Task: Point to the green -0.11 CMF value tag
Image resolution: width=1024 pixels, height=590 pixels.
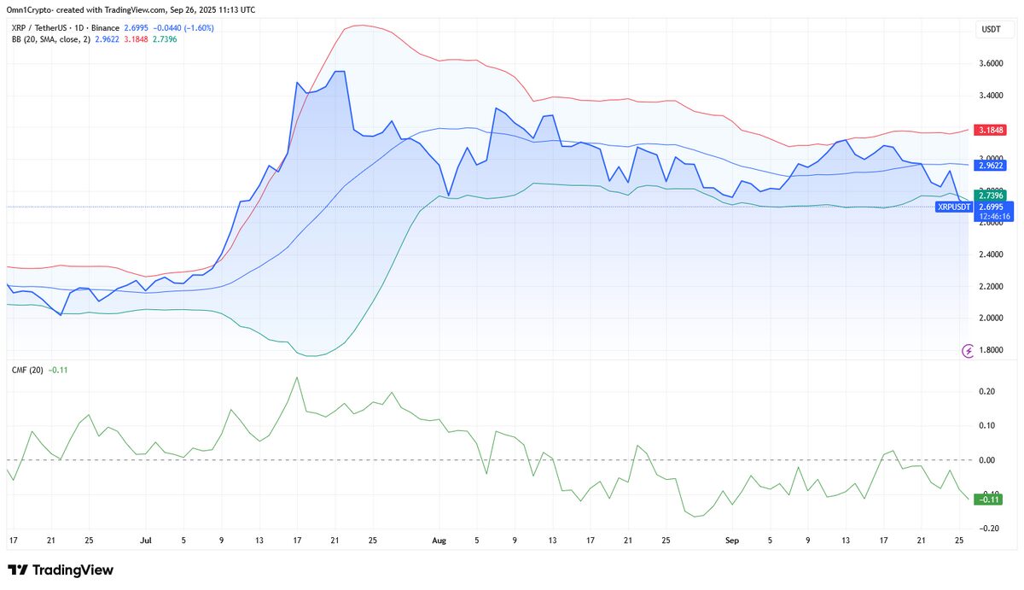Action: point(989,500)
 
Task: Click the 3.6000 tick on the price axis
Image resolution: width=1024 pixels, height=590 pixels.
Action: point(991,63)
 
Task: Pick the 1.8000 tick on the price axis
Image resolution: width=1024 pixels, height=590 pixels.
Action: point(991,350)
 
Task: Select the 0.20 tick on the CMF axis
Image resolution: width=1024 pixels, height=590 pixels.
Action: point(987,391)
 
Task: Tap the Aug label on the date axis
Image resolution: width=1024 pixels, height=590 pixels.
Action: point(439,540)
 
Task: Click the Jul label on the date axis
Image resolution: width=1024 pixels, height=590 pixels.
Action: point(145,540)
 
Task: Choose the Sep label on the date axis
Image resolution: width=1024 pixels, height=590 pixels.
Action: point(730,540)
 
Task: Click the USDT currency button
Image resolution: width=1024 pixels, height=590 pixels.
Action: point(991,29)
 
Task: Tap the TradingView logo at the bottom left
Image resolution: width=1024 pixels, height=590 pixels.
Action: point(60,570)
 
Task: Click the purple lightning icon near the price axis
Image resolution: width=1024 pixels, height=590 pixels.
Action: point(969,350)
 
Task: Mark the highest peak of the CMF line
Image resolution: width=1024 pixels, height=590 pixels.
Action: point(297,377)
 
